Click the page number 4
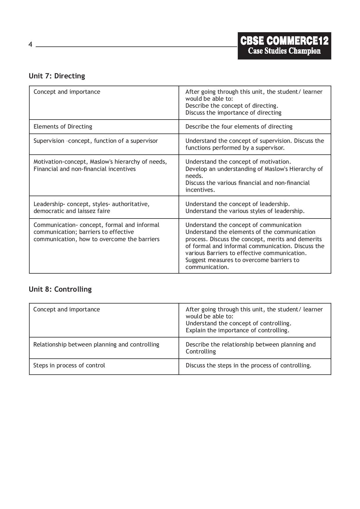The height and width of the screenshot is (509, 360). (30, 45)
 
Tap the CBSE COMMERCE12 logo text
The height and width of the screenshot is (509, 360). (284, 41)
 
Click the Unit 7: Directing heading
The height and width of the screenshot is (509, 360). (57, 76)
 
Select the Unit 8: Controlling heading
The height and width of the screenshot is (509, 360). (60, 289)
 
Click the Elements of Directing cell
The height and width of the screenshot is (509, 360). (63, 127)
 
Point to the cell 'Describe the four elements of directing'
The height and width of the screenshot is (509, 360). (239, 127)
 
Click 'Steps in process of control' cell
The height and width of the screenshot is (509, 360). (69, 365)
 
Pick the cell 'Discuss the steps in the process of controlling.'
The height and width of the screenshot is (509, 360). (248, 365)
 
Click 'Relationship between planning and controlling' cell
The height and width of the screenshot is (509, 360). (96, 344)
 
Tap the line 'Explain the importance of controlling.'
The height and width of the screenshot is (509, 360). (237, 330)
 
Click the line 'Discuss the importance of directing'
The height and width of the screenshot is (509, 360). (233, 113)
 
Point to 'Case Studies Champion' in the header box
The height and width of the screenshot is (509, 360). (284, 51)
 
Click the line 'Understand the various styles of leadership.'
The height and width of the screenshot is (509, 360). (245, 211)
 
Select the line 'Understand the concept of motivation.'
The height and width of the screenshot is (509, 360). (238, 162)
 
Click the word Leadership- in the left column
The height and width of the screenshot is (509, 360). (49, 204)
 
